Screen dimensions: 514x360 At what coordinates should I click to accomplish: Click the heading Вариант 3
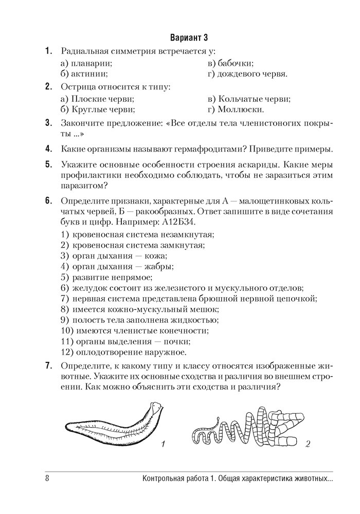coord(188,38)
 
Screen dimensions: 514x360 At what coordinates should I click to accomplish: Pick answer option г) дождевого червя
coord(247,74)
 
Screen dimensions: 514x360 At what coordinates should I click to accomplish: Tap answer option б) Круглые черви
coord(97,109)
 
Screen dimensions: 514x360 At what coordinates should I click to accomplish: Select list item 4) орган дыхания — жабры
coord(117,266)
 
